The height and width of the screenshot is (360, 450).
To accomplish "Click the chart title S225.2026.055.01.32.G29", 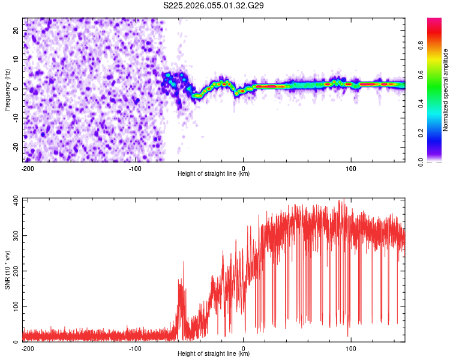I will [214, 6].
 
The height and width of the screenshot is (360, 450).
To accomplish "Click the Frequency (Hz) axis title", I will [8, 90].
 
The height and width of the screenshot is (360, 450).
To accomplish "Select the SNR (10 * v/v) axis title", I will [8, 269].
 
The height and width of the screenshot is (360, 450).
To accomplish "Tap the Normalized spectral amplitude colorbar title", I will [446, 90].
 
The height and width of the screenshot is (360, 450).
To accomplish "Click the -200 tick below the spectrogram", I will [28, 167].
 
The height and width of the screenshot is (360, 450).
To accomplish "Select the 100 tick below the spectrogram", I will [352, 167].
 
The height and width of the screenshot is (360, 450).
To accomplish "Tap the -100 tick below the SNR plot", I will [136, 347].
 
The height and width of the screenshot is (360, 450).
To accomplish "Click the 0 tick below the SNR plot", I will [244, 347].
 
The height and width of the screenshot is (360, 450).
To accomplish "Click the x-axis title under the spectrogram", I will [214, 174].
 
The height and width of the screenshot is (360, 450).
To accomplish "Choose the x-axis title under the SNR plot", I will [214, 354].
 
